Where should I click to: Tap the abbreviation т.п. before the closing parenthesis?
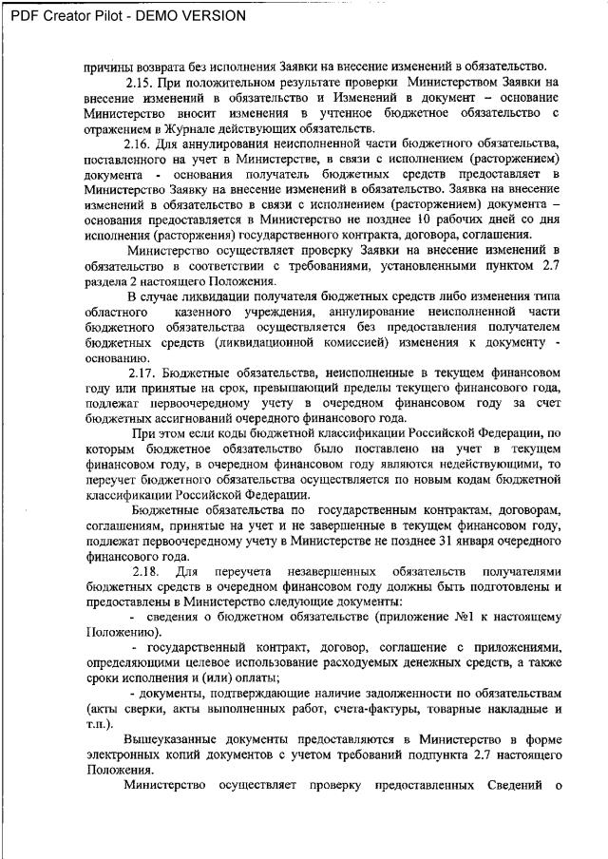click(x=94, y=724)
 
